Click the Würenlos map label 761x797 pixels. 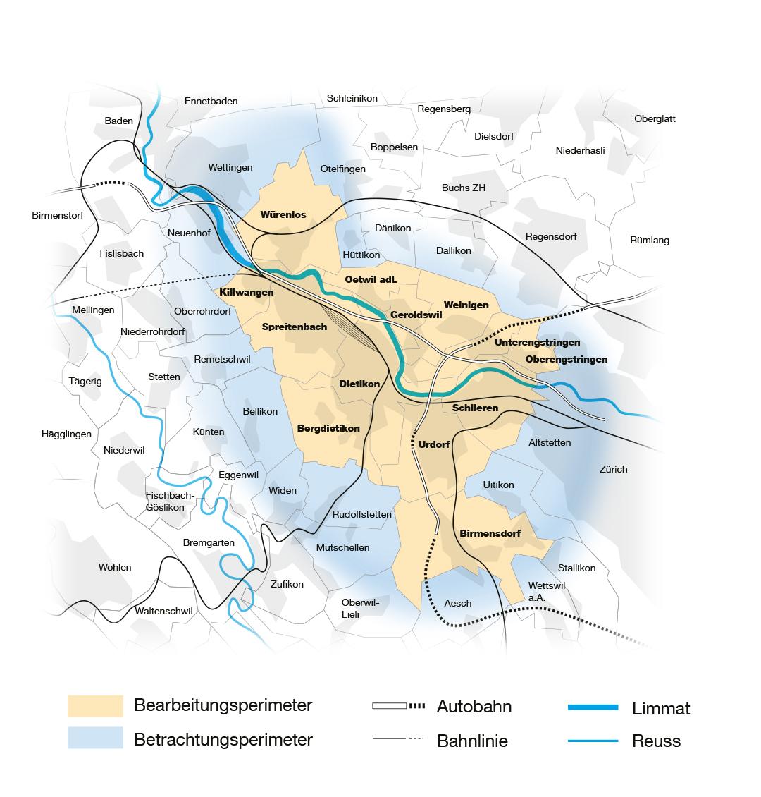coord(283,214)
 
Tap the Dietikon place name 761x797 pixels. coord(359,384)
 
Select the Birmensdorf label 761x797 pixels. coord(490,533)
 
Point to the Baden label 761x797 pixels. coord(118,121)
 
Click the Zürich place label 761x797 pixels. coord(613,469)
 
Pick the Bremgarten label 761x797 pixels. coord(208,542)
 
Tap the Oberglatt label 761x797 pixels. coord(655,118)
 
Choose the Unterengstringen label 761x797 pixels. coord(537,343)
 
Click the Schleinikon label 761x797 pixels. coord(352,99)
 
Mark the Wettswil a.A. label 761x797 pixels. coord(547,591)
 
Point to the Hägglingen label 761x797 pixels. coord(67,434)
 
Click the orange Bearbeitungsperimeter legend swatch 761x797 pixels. coord(95,706)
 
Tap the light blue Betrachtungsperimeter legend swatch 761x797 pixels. coord(95,738)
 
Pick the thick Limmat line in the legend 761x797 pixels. coord(593,707)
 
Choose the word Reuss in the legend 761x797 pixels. coord(657,741)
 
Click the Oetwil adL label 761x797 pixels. coord(371,279)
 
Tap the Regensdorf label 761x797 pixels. coord(551,236)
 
